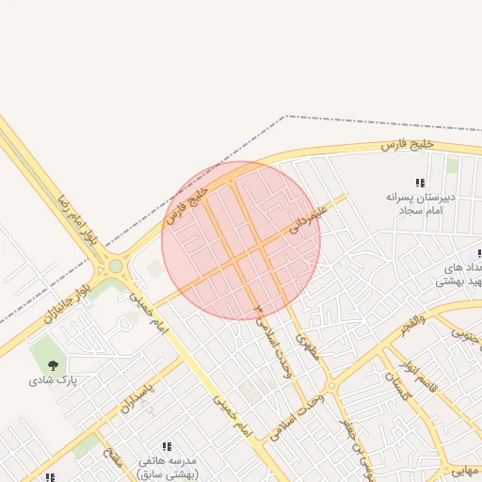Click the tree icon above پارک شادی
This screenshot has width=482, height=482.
(x=53, y=363)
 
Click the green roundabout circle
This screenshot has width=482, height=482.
(x=116, y=266)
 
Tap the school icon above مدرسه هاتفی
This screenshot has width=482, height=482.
(x=167, y=445)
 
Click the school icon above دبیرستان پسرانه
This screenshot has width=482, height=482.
(x=420, y=183)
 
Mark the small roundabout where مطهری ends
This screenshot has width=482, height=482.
(x=330, y=386)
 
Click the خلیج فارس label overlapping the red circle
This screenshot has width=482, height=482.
(x=185, y=203)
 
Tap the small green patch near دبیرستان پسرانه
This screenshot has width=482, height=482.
(x=453, y=166)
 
